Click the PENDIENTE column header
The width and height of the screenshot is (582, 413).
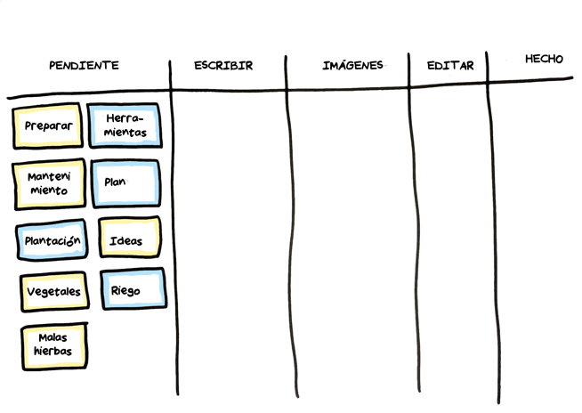pyautogui.click(x=84, y=65)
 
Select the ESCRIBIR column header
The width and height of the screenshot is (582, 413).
pyautogui.click(x=223, y=65)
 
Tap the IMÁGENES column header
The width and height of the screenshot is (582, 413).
pyautogui.click(x=352, y=65)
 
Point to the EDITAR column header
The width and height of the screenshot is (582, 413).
pyautogui.click(x=449, y=66)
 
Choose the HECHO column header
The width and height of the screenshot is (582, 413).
pyautogui.click(x=544, y=59)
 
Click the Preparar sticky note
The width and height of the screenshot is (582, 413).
pyautogui.click(x=48, y=126)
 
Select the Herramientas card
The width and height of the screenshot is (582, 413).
pyautogui.click(x=125, y=126)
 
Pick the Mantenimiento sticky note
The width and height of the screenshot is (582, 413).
pyautogui.click(x=49, y=183)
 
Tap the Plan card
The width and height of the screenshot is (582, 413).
pyautogui.click(x=125, y=183)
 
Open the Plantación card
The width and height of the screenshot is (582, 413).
pyautogui.click(x=53, y=240)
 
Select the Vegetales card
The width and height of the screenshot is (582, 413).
pyautogui.click(x=53, y=291)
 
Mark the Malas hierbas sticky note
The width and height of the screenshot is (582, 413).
pyautogui.click(x=53, y=345)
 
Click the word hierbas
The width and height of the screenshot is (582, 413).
pyautogui.click(x=53, y=352)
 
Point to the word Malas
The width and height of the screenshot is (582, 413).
pyautogui.click(x=53, y=337)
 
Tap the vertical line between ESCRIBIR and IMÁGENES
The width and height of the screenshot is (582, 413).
pyautogui.click(x=289, y=240)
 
